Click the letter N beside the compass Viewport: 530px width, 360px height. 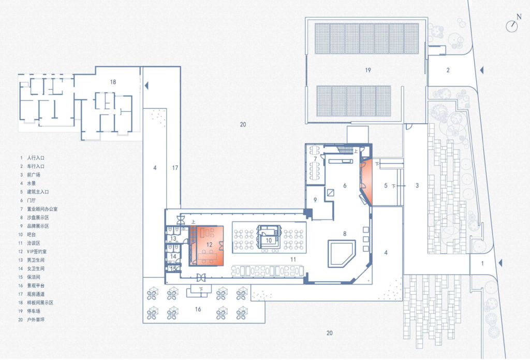[519, 17]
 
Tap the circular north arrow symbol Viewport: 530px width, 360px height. [512, 26]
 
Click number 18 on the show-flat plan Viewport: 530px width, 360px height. [113, 82]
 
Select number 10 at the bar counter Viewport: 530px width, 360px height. [269, 240]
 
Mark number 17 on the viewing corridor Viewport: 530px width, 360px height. [175, 167]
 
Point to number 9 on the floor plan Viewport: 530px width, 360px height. [315, 199]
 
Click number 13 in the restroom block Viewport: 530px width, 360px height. [174, 239]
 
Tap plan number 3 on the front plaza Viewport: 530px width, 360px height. [416, 185]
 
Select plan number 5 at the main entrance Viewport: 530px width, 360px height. [385, 185]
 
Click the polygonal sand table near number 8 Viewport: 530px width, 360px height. [342, 252]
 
